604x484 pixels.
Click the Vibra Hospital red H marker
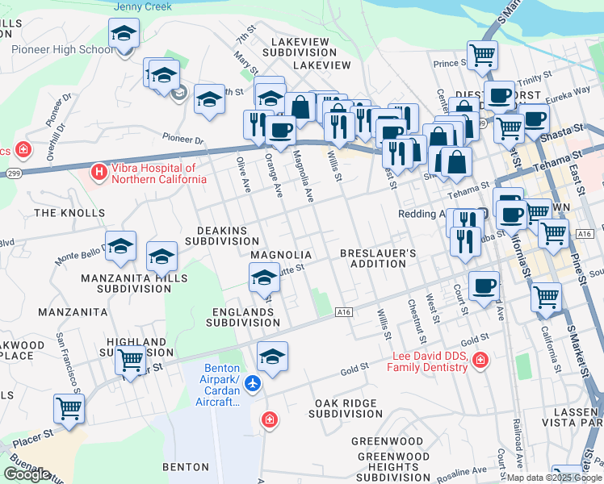pyautogui.click(x=99, y=172)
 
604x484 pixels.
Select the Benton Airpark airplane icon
pyautogui.click(x=254, y=383)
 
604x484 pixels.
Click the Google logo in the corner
pyautogui.click(x=27, y=474)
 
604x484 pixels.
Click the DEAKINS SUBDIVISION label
pyautogui.click(x=221, y=235)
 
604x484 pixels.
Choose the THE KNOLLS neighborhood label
pyautogui.click(x=59, y=213)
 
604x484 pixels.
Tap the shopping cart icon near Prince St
pyautogui.click(x=482, y=55)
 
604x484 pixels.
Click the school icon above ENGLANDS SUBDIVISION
pyautogui.click(x=264, y=279)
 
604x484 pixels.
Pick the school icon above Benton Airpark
pyautogui.click(x=272, y=357)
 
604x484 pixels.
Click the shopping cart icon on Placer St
pyautogui.click(x=69, y=408)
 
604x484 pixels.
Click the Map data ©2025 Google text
pyautogui.click(x=552, y=478)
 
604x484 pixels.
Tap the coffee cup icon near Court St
pyautogui.click(x=484, y=285)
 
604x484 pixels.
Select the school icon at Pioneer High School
pyautogui.click(x=124, y=34)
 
